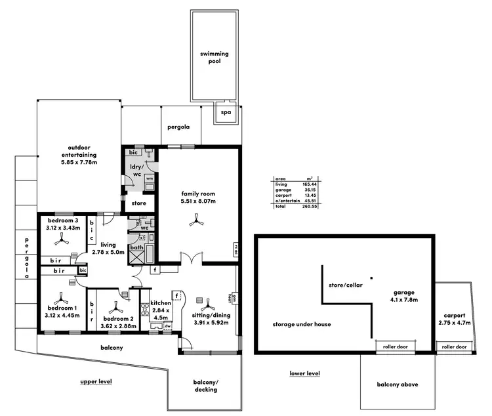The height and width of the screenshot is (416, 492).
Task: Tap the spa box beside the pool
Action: tap(226, 112)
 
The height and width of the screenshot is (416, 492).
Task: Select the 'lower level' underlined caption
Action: tap(304, 373)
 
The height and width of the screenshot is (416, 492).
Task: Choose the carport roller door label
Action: tap(454, 346)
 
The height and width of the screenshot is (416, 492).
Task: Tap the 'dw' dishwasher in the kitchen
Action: tap(167, 325)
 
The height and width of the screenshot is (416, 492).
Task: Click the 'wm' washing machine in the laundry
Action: tap(150, 178)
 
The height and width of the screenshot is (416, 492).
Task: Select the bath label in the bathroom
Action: tap(136, 247)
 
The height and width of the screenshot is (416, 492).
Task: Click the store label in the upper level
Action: tap(139, 203)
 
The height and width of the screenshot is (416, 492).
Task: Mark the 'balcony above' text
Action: tap(397, 385)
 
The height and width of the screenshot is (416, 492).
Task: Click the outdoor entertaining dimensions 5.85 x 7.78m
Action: tap(79, 161)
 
